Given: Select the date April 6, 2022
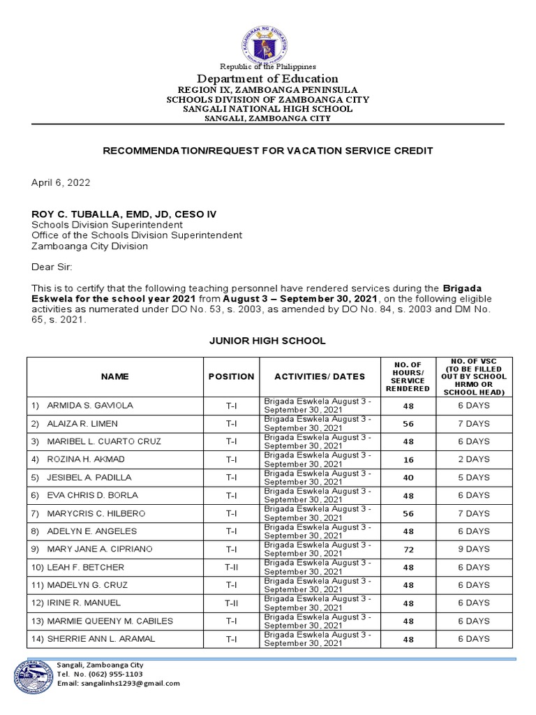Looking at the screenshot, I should (x=60, y=183).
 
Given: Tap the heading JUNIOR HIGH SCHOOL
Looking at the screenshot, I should (x=267, y=341).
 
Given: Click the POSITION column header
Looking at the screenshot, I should (x=231, y=376).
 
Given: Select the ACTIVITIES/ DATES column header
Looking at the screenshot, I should (x=320, y=376).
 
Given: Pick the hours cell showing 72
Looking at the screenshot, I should (x=409, y=550).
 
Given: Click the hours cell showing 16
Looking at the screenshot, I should (x=409, y=459).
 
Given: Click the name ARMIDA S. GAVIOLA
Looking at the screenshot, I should (x=89, y=406).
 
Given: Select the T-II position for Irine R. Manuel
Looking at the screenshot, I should (x=231, y=603).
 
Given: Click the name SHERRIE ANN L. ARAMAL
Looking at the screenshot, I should (x=100, y=639).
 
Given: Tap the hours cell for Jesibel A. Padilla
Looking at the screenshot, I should (x=409, y=478).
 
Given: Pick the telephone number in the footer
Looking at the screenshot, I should (x=100, y=675).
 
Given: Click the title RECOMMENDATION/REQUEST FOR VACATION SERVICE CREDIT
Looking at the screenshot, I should (x=268, y=151).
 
